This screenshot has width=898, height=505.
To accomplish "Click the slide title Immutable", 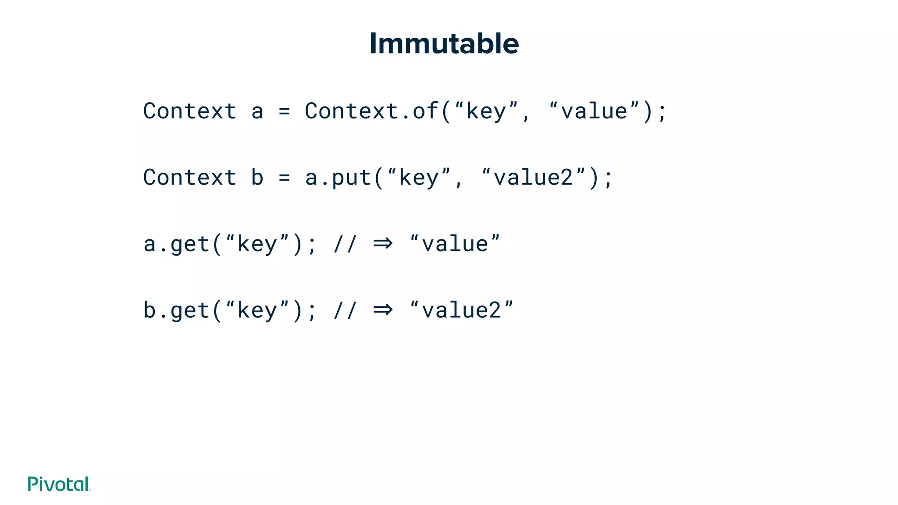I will tap(444, 44).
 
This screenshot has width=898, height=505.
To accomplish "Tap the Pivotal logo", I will tap(59, 484).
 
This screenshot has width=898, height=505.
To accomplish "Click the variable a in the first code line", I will tap(257, 111).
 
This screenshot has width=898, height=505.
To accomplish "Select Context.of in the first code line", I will tap(372, 111).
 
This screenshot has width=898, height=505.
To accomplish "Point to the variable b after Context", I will tap(257, 178).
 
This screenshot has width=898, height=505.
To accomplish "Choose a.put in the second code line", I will tap(338, 178).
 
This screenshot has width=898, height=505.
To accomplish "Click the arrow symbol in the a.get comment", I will tap(383, 243).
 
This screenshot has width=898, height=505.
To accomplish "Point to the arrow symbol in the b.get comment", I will tap(383, 310).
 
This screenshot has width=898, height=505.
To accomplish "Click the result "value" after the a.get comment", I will tap(455, 244).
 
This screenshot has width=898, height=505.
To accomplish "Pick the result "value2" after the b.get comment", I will tap(461, 311).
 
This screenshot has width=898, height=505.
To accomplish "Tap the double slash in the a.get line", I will tap(345, 244).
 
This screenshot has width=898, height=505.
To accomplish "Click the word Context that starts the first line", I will tap(190, 111).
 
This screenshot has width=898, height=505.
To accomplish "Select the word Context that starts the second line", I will tap(190, 178).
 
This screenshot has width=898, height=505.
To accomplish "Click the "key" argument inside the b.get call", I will tap(257, 311).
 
